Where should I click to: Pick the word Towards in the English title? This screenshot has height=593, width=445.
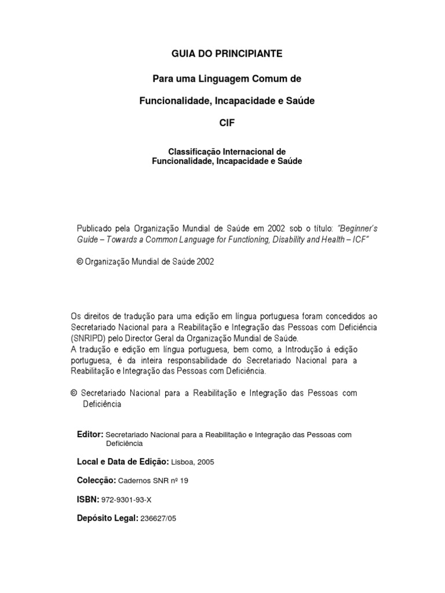(121, 239)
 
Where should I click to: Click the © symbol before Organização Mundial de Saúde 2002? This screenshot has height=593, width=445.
(81, 262)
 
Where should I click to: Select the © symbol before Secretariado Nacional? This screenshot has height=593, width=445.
(73, 393)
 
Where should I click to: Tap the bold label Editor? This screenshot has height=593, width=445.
(90, 434)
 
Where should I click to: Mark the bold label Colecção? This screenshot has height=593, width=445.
(97, 481)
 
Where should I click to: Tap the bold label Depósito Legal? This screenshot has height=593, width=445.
(107, 518)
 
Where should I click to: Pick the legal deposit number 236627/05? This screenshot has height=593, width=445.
(158, 519)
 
